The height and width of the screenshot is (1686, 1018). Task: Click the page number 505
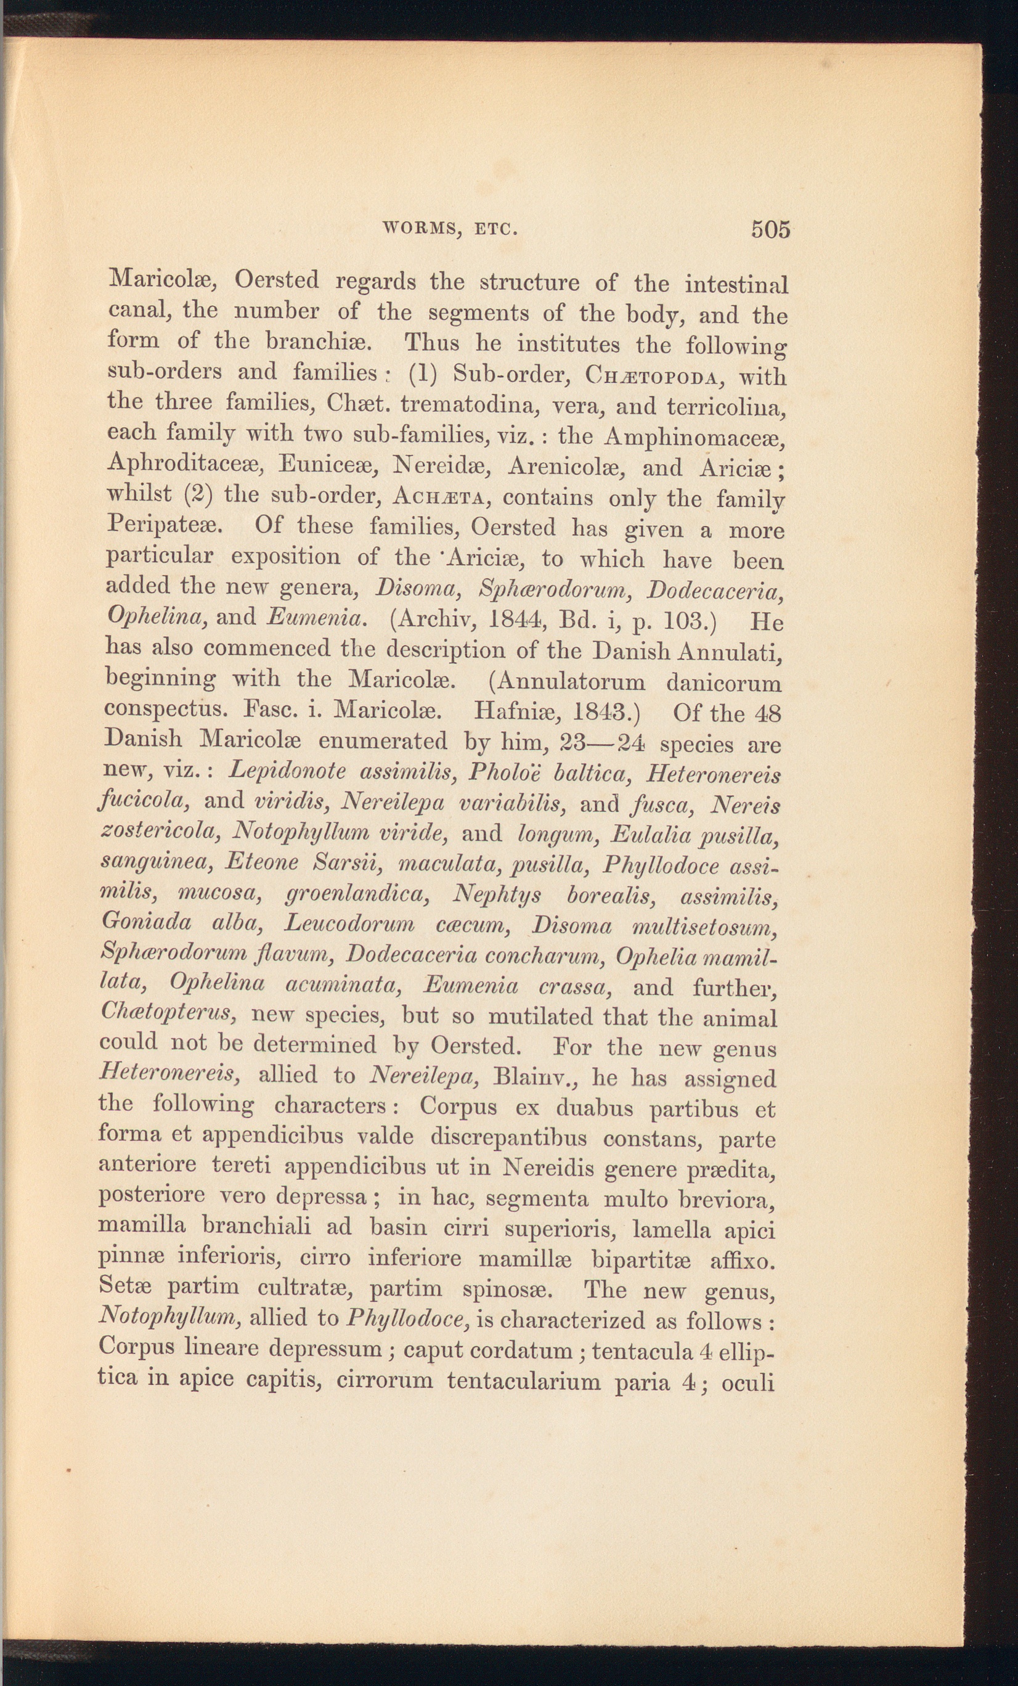tap(770, 229)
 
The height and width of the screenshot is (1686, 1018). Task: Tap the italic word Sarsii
tap(346, 861)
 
